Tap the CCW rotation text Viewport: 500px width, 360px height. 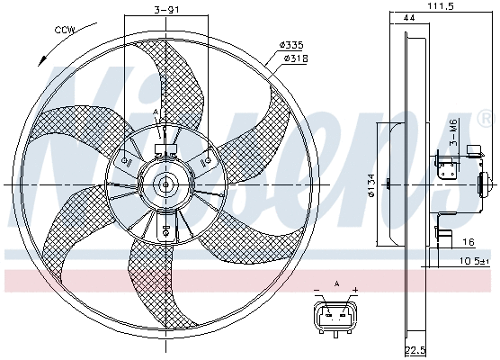65,30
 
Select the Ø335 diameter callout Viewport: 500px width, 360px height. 292,45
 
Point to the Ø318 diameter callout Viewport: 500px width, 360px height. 298,58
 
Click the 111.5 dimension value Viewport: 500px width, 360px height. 439,6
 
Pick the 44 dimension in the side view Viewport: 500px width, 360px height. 409,18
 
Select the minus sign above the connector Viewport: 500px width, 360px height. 318,290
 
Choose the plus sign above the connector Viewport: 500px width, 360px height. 355,290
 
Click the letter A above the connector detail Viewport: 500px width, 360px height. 337,282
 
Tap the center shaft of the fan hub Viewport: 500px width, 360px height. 165,184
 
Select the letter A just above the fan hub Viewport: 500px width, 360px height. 156,112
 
